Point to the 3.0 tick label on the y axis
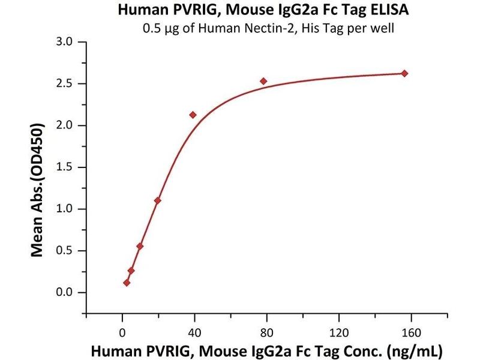(x=64, y=42)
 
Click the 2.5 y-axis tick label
(x=64, y=84)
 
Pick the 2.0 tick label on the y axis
(x=64, y=125)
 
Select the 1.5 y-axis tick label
(x=64, y=167)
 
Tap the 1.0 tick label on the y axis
(x=64, y=209)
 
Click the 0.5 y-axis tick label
(x=64, y=251)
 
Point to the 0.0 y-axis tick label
(x=64, y=293)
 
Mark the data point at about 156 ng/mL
(x=404, y=73)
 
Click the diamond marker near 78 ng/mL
(x=263, y=81)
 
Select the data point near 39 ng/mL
(x=193, y=115)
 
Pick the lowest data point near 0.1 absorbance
(x=127, y=283)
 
